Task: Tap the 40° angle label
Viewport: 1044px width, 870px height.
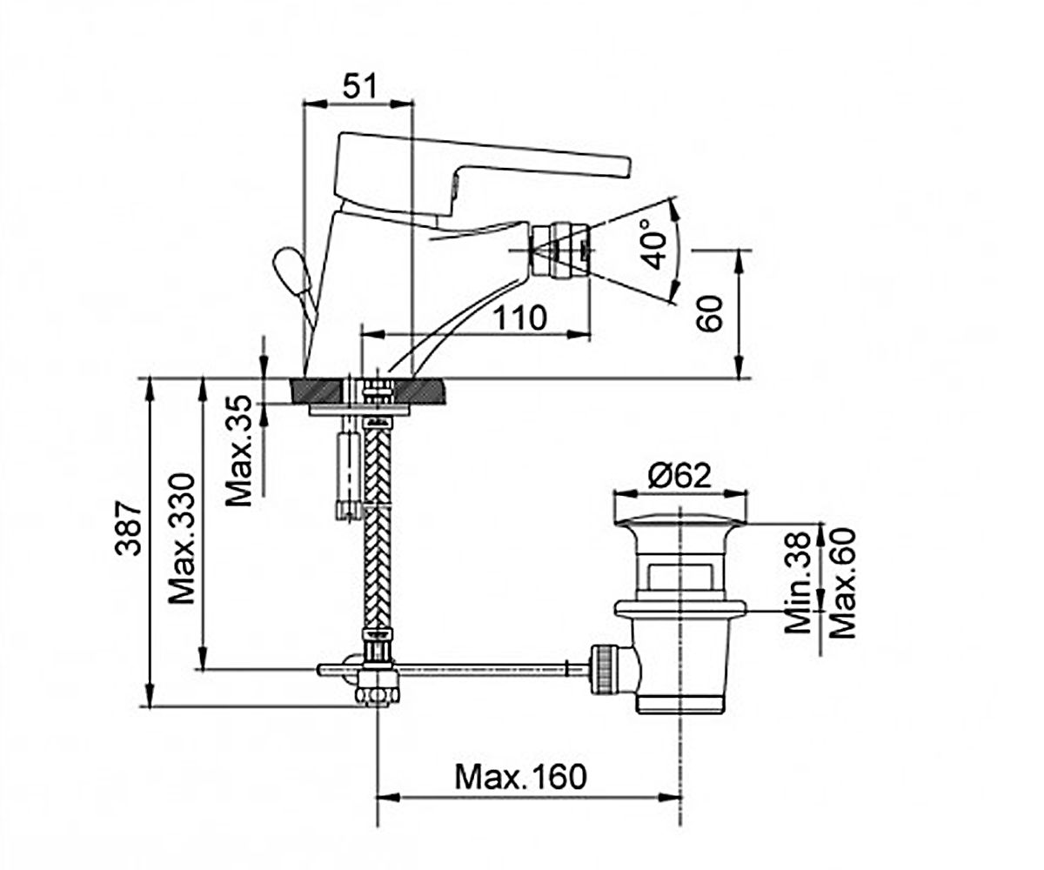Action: [x=654, y=244]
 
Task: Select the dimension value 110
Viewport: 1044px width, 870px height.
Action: [x=520, y=318]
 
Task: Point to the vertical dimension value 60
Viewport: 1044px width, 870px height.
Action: [x=710, y=313]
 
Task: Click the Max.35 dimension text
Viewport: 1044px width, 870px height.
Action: [x=238, y=451]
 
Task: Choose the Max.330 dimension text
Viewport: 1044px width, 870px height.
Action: [x=181, y=539]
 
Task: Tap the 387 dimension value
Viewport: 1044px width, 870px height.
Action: [x=128, y=530]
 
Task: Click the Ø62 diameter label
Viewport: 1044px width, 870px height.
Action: [x=679, y=476]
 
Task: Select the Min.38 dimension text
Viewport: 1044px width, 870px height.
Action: [x=797, y=583]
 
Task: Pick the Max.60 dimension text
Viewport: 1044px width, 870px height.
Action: [x=842, y=583]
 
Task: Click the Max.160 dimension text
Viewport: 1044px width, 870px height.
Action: [x=520, y=777]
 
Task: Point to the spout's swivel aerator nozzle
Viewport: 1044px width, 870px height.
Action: [x=560, y=250]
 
